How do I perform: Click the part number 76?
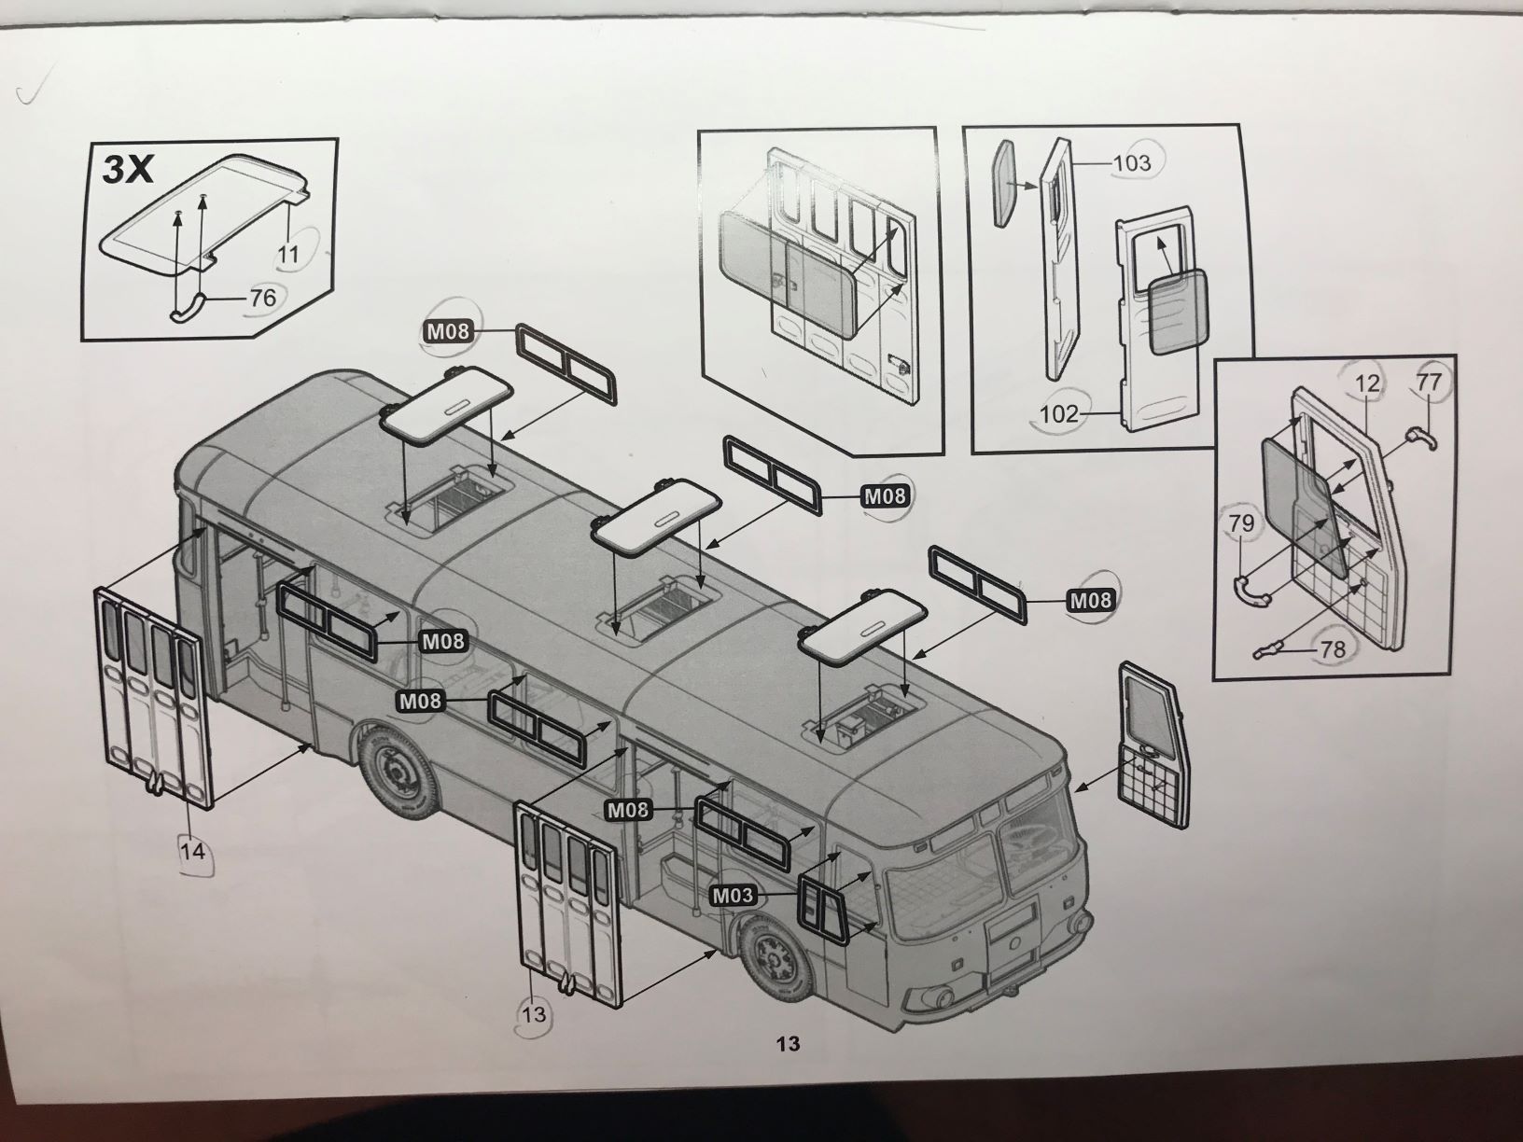coord(263,298)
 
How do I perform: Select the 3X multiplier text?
coord(127,169)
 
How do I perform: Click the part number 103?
coord(1132,163)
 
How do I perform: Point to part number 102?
coord(1058,413)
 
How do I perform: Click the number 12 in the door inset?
coord(1367,383)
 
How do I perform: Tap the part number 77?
coord(1428,383)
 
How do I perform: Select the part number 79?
coord(1242,524)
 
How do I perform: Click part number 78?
coord(1334,648)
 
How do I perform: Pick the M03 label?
coord(733,897)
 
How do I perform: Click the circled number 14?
coord(192,851)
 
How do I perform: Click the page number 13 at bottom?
coord(788,1043)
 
